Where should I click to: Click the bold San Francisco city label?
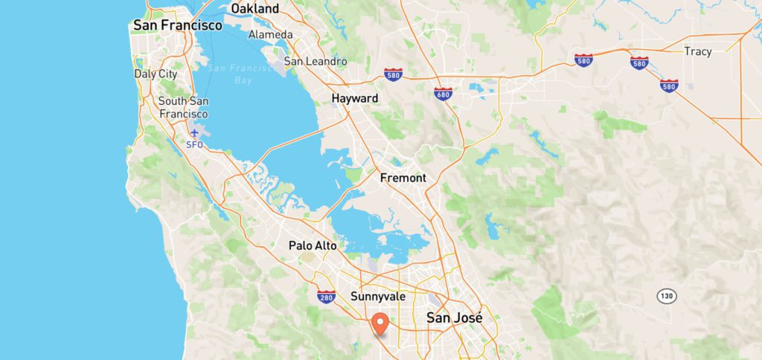pyautogui.click(x=177, y=25)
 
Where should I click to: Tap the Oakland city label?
pyautogui.click(x=254, y=9)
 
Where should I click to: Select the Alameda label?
pyautogui.click(x=271, y=35)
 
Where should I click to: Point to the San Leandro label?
pyautogui.click(x=315, y=61)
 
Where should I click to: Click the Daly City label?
pyautogui.click(x=156, y=74)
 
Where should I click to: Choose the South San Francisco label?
pyautogui.click(x=183, y=107)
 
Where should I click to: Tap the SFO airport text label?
pyautogui.click(x=194, y=144)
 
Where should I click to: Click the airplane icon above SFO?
pyautogui.click(x=194, y=132)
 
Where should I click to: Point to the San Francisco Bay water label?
pyautogui.click(x=230, y=74)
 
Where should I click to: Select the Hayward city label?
pyautogui.click(x=355, y=98)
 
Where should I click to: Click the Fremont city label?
pyautogui.click(x=403, y=178)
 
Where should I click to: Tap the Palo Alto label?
pyautogui.click(x=313, y=245)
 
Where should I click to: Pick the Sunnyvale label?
pyautogui.click(x=378, y=296)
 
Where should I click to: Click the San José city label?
pyautogui.click(x=454, y=318)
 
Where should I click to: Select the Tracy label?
pyautogui.click(x=698, y=51)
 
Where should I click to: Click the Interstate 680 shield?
pyautogui.click(x=444, y=93)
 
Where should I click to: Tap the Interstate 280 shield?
pyautogui.click(x=325, y=298)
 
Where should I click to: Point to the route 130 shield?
pyautogui.click(x=666, y=296)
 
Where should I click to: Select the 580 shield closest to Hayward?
pyautogui.click(x=394, y=74)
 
